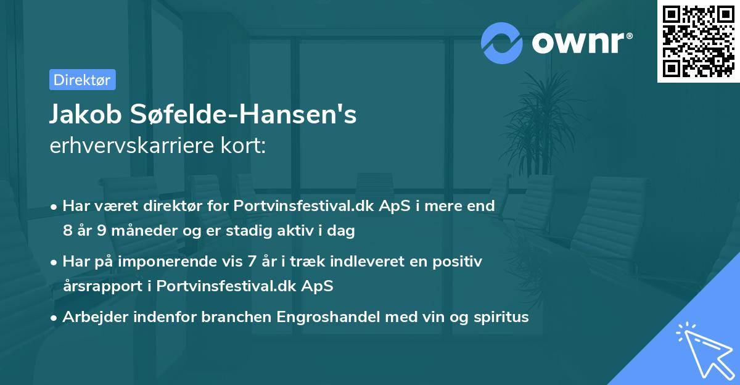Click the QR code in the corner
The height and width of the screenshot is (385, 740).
click(698, 41)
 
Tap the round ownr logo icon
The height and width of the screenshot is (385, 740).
click(502, 43)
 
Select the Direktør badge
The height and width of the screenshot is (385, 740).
click(82, 80)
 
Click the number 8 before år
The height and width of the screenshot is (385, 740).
click(67, 231)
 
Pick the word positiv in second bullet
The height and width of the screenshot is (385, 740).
click(459, 262)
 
